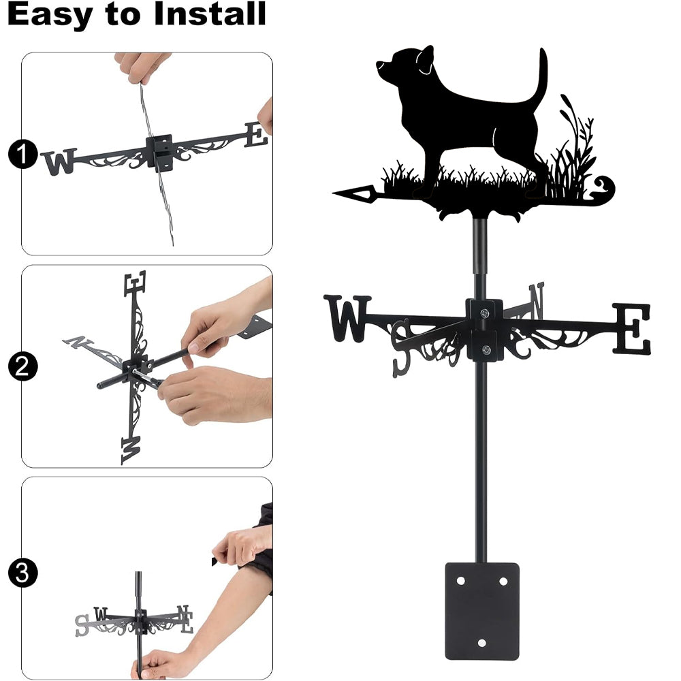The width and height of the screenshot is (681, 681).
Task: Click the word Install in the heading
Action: (209, 14)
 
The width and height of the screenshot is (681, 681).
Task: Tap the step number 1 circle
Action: (22, 154)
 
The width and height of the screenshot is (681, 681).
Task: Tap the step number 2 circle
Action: (22, 366)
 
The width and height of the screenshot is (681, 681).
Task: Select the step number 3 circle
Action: (22, 573)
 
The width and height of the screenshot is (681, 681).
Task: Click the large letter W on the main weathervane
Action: (347, 318)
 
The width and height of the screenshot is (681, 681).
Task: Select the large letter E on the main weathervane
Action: (633, 328)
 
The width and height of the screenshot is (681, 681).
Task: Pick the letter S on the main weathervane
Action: (401, 348)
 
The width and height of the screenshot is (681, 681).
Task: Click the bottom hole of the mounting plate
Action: (481, 642)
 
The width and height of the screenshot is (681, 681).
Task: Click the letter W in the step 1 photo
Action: (59, 161)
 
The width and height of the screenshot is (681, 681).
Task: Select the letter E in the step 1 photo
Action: (256, 135)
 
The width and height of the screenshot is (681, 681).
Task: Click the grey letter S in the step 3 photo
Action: (82, 625)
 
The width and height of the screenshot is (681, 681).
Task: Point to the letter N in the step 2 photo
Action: (75, 342)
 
